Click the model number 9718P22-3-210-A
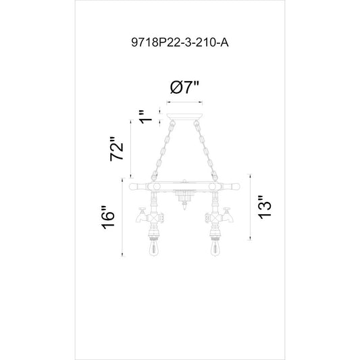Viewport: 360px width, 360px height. (x=180, y=43)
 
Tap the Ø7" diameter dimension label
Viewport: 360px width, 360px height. (x=184, y=87)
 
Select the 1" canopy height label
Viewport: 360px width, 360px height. (x=146, y=117)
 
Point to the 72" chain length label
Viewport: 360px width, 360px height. (x=117, y=149)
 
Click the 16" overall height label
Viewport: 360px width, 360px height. (x=108, y=217)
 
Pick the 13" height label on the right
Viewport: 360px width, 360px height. (x=265, y=207)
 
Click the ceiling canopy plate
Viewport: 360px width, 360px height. (x=184, y=116)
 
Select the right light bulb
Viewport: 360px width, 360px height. (x=215, y=247)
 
